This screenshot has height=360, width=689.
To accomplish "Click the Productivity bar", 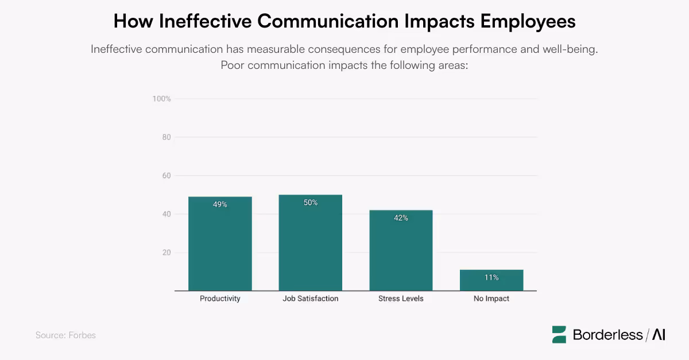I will (x=220, y=247).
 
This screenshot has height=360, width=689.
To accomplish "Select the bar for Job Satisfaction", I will (x=310, y=247).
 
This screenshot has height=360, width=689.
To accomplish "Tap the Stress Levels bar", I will (x=401, y=253).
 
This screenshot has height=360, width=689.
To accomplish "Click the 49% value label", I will (x=220, y=204).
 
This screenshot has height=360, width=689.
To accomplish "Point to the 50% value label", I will (x=310, y=203).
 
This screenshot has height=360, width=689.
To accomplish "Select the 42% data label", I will (x=401, y=218).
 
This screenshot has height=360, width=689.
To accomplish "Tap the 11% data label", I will (x=491, y=277).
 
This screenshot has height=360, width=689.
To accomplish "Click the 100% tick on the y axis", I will (x=161, y=99).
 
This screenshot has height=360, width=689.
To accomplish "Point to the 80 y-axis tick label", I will (x=166, y=137).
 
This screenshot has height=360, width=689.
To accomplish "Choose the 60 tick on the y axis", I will (x=166, y=176).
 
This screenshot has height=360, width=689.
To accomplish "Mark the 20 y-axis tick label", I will (x=166, y=253).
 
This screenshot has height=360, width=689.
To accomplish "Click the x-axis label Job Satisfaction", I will (x=310, y=299).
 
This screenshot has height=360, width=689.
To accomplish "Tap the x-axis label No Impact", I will (x=491, y=299).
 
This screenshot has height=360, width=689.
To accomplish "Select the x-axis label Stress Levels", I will (x=401, y=299).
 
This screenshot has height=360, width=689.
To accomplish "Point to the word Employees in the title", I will (x=528, y=21).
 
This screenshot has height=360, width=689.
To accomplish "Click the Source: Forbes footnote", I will (x=65, y=335).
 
